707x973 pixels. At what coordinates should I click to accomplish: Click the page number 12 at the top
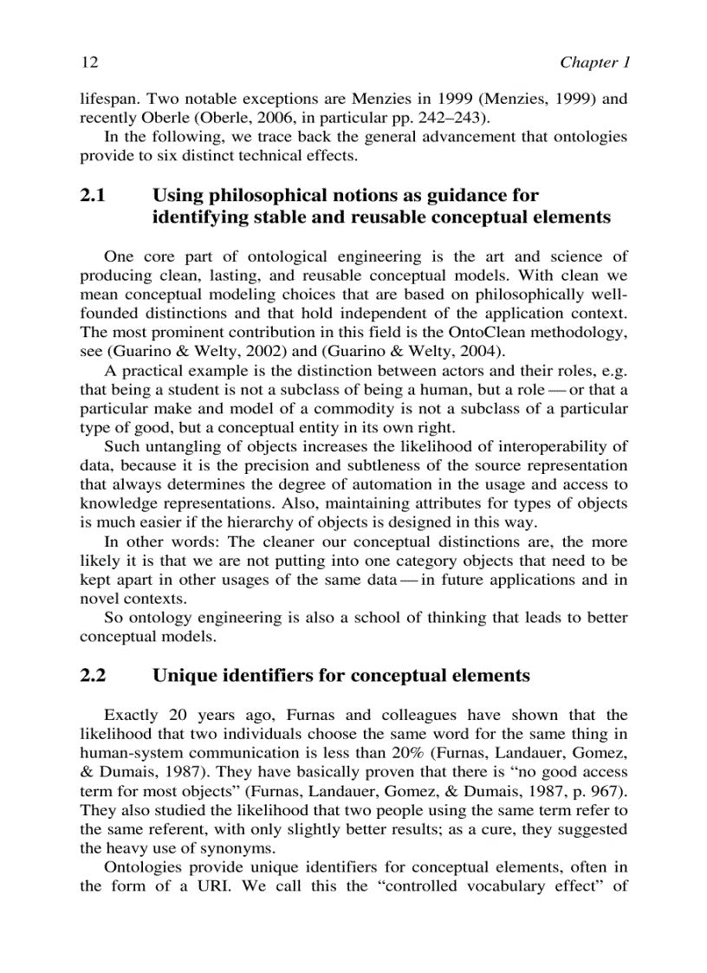[x=88, y=62]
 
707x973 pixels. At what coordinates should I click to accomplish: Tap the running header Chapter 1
[x=593, y=62]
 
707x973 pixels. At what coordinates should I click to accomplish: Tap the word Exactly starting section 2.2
[x=131, y=716]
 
